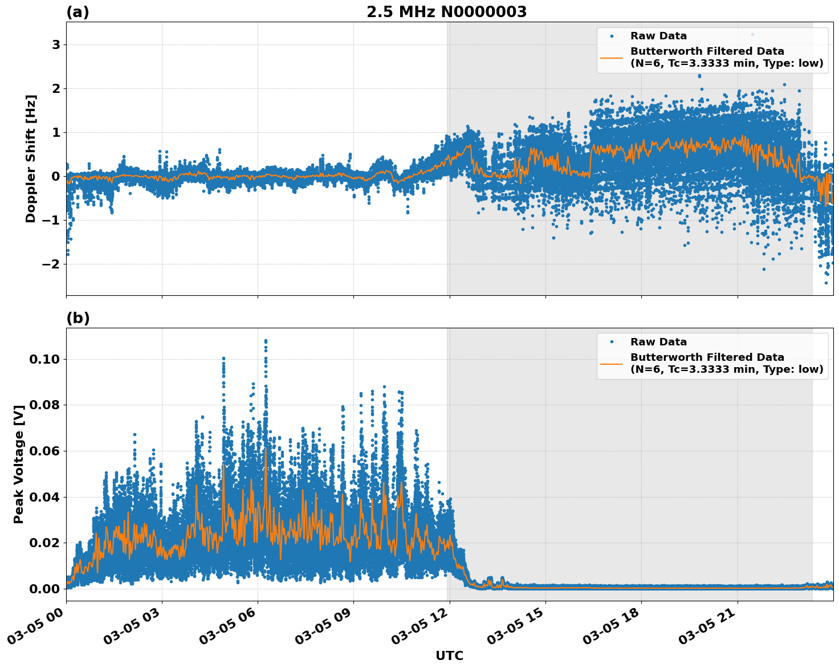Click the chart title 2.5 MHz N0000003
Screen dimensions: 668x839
(x=446, y=12)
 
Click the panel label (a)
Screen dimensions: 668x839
(x=78, y=12)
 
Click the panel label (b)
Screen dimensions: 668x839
(x=78, y=318)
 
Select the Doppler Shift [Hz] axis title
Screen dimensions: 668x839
(x=31, y=158)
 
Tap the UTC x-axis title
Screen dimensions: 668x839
(x=449, y=655)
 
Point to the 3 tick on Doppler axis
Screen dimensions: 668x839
(x=56, y=45)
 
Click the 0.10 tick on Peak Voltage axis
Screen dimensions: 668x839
(x=44, y=359)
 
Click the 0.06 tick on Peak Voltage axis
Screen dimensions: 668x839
(x=44, y=451)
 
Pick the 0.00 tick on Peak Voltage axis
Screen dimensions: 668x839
(x=44, y=589)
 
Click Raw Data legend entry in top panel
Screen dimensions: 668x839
(x=658, y=36)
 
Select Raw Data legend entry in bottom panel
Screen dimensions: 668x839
(x=658, y=342)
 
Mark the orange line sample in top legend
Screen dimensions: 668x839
(x=612, y=58)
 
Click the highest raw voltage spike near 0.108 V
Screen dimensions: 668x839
(x=266, y=341)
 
